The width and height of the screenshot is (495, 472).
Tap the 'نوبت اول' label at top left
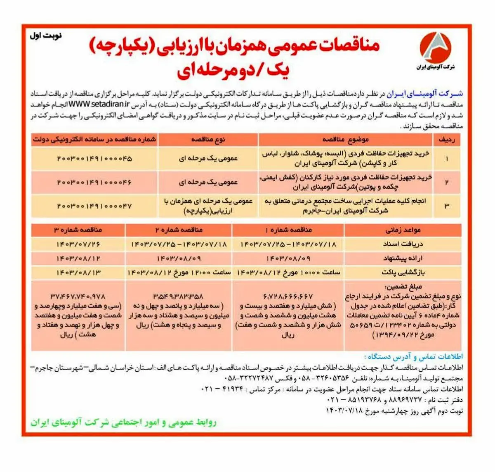[45, 36]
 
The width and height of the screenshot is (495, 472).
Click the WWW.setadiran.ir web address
[99, 104]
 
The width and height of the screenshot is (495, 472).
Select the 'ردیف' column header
[447, 140]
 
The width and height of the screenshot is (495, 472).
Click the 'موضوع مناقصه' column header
[345, 140]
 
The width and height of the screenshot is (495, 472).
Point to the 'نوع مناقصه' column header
[208, 140]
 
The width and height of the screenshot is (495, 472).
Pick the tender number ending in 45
[94, 159]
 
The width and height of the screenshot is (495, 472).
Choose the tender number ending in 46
[94, 182]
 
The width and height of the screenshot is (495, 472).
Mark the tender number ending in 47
[94, 205]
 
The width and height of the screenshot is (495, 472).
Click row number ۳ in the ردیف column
[447, 205]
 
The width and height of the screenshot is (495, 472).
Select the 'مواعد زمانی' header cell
[403, 230]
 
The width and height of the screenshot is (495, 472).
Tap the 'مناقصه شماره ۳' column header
[78, 230]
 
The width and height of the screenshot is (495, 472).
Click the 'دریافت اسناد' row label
[403, 244]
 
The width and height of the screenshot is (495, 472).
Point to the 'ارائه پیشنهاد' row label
[403, 259]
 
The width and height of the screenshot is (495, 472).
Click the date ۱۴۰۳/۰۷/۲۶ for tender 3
[78, 244]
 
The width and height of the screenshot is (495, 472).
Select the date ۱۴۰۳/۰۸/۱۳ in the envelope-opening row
[78, 273]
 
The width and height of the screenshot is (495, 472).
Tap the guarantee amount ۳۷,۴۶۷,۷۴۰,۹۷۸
[78, 296]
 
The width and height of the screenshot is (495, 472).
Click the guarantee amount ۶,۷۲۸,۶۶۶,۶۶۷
[288, 296]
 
